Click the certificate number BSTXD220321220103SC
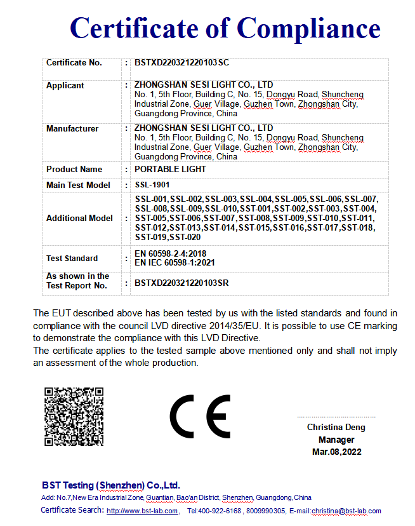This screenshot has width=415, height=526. coord(181,63)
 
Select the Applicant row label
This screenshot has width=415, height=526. coord(65,85)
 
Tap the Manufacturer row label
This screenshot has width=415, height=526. coord(72,128)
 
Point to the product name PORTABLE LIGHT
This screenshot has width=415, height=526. coord(170,170)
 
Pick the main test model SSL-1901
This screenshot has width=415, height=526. coord(153,185)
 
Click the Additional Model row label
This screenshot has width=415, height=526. coord(79,218)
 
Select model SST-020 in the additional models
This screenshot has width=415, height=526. coord(185,238)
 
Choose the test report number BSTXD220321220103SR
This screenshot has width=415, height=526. coord(181,283)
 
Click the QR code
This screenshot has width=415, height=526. coord(74,415)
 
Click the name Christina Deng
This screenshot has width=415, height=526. coord(336,428)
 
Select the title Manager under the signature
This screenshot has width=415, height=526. coord(336,440)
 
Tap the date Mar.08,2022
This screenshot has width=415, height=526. coord(336,452)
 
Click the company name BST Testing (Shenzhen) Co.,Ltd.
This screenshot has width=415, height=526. coord(111,485)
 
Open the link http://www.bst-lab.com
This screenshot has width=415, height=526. coord(143,511)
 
